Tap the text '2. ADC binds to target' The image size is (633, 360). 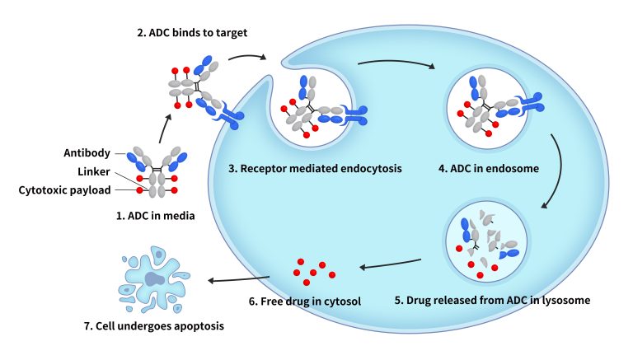tap(191, 32)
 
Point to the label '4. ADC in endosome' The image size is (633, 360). tap(489, 170)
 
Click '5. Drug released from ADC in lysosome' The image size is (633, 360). tap(493, 300)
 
